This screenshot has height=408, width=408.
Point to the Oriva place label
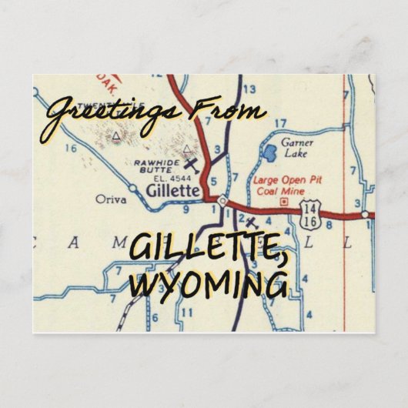pos(111,198)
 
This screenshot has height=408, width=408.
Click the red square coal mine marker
pos(286,201)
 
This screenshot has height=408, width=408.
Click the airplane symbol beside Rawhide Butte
pos(191,163)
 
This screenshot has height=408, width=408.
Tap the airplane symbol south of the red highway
pos(249,224)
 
